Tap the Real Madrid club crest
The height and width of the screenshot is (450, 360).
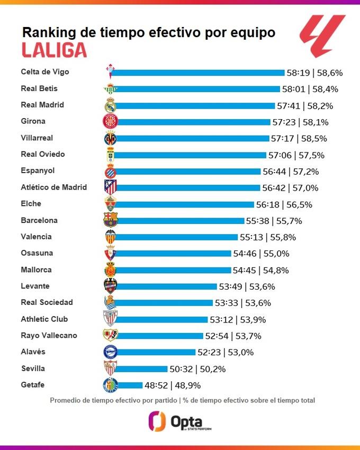point(110,105)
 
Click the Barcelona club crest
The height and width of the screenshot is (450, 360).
point(110,220)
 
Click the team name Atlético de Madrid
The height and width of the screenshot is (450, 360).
point(53,187)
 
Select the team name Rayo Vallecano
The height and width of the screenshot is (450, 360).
point(49,335)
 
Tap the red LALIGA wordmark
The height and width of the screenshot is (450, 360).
point(54,50)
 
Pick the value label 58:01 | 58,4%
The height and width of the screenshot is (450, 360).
point(310,89)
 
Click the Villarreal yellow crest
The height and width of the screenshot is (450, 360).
point(110,138)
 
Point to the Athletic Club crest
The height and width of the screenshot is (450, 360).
point(110,319)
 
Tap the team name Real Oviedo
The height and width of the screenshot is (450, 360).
point(43,154)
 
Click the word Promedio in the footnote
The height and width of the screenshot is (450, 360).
point(67,400)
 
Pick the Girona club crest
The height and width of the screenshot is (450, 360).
point(110,122)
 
